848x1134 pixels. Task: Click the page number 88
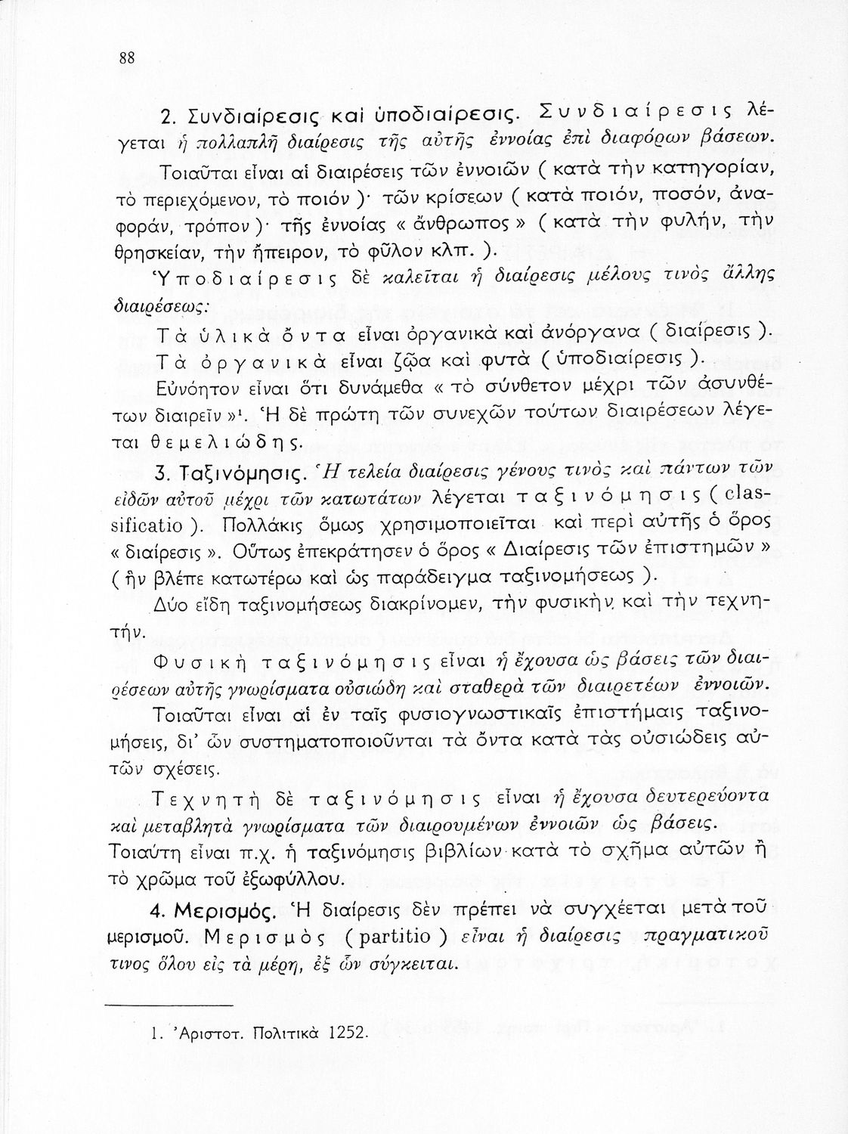(x=126, y=60)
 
